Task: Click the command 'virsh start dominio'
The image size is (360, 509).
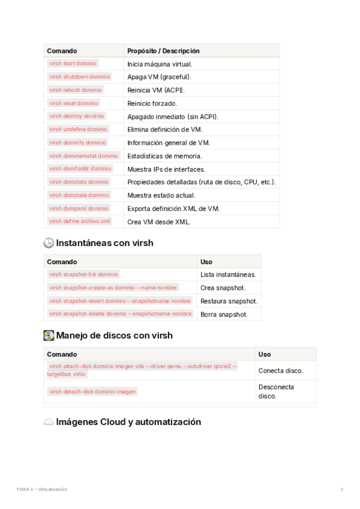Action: [73, 64]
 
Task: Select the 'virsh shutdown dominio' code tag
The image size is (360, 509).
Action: [80, 77]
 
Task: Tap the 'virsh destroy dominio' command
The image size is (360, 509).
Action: [76, 116]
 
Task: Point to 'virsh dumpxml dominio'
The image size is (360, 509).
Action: [79, 208]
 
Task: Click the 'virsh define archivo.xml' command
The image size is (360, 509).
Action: [80, 221]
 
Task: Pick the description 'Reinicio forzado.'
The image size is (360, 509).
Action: [152, 103]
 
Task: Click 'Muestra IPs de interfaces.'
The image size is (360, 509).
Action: [166, 169]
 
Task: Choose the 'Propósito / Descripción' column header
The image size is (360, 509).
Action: [163, 51]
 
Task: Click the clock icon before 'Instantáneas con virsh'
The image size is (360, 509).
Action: [49, 243]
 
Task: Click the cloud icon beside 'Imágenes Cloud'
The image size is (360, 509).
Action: [49, 422]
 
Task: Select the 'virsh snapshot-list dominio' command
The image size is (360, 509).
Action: [83, 274]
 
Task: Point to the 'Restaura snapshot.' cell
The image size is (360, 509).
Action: [229, 301]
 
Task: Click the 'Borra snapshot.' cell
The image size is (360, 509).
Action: [223, 315]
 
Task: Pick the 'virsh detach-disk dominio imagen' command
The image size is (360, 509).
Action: [92, 391]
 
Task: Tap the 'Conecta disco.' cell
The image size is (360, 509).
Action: [281, 371]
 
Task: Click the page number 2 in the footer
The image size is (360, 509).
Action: [342, 489]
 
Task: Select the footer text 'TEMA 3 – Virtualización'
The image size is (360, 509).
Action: [42, 489]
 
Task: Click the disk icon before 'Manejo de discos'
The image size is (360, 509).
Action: [49, 335]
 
